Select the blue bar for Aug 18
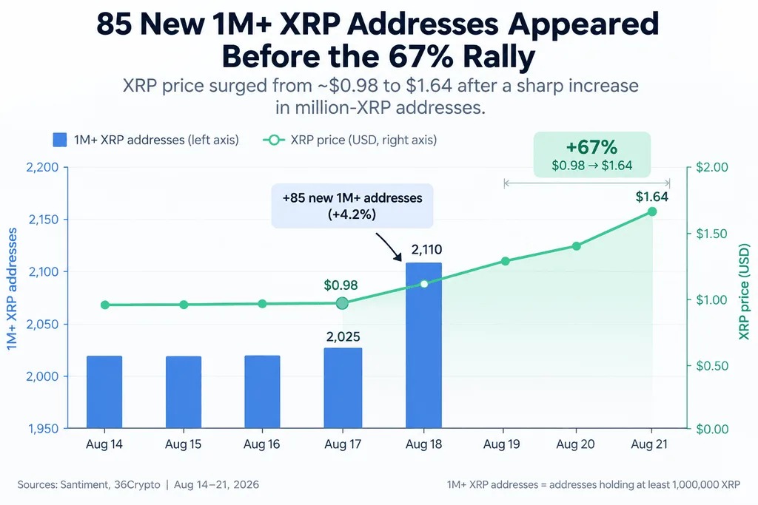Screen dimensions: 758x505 [x=423, y=345]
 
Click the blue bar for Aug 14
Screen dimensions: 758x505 [x=104, y=392]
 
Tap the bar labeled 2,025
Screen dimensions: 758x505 [x=343, y=387]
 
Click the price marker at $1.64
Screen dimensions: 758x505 [x=651, y=211]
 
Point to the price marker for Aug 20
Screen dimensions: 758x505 [x=576, y=246]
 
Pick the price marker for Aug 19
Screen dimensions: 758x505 [x=505, y=261]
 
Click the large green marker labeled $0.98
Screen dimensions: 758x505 [x=342, y=303]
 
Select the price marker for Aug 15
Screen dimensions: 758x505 [x=184, y=305]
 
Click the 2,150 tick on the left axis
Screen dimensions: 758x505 [x=43, y=219]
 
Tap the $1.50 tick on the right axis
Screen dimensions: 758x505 [x=711, y=234]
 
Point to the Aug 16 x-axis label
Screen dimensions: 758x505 [x=261, y=444]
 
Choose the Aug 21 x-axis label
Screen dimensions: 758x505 [x=649, y=444]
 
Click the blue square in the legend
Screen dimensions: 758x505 [x=59, y=140]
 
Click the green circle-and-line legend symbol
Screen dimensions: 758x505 [x=274, y=140]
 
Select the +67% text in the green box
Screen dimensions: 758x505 [x=591, y=147]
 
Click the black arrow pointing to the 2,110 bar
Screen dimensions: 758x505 [x=388, y=247]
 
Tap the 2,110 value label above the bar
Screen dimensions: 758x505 [x=426, y=250]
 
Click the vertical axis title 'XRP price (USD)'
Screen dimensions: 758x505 [x=745, y=291]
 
